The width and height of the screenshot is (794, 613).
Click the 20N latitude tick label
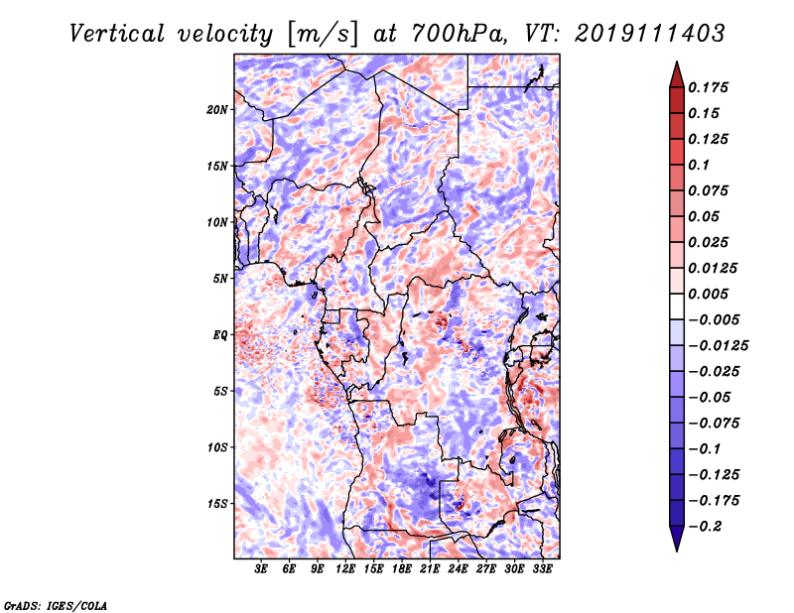point(217,109)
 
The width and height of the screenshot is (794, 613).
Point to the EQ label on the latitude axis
point(220,335)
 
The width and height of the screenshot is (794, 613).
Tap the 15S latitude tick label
point(217,504)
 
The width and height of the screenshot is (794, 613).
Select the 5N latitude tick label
point(220,279)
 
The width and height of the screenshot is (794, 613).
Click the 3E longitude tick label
point(261,568)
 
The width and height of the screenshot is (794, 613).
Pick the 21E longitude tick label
point(430,568)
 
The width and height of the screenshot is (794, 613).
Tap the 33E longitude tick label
point(542,568)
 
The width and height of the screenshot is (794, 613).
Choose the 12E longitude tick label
point(344,568)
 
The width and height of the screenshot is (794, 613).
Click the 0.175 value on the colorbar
point(708,87)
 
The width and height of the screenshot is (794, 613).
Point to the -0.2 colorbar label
point(705,527)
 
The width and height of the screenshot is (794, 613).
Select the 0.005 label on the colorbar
point(708,294)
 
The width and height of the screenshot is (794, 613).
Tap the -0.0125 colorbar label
point(718,346)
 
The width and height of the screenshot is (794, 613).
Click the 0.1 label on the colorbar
point(699,165)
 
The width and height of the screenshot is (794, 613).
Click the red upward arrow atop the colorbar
point(677,74)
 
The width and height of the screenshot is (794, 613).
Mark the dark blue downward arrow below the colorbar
point(677,539)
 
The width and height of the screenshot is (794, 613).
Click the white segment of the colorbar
point(677,306)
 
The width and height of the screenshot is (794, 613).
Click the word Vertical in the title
point(117,34)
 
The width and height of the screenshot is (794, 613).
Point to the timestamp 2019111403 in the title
point(650,34)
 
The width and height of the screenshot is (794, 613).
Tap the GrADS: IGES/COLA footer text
point(56,606)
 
